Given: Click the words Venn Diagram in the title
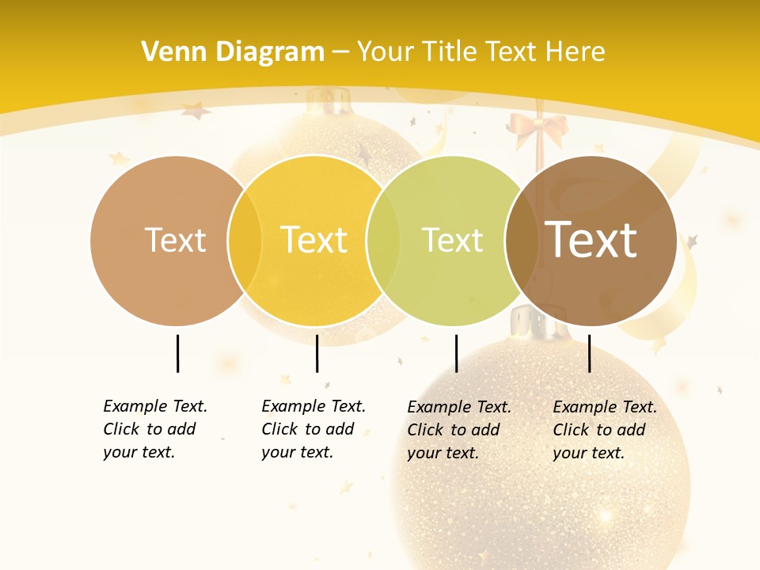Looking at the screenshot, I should click(233, 52).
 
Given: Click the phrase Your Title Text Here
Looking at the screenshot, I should click(481, 52).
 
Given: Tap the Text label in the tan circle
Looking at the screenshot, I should click(175, 240).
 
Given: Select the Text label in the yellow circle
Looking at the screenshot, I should click(313, 240).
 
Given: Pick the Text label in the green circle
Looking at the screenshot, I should click(452, 240).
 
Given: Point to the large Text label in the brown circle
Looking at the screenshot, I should click(591, 239).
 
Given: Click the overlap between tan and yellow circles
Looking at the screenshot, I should click(245, 241).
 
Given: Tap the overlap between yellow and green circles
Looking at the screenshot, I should click(383, 241).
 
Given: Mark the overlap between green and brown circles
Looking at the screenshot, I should click(521, 241).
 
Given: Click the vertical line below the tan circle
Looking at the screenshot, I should click(177, 353).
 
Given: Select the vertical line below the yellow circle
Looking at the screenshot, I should click(317, 353).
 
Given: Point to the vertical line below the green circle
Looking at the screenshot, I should click(456, 353).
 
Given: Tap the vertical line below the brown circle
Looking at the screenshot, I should click(589, 353).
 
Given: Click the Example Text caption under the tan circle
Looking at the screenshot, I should click(155, 429).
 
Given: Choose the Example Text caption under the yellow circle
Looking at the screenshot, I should click(313, 429).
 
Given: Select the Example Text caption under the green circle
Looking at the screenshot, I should click(459, 430).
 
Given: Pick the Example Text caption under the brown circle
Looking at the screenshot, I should click(605, 430).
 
